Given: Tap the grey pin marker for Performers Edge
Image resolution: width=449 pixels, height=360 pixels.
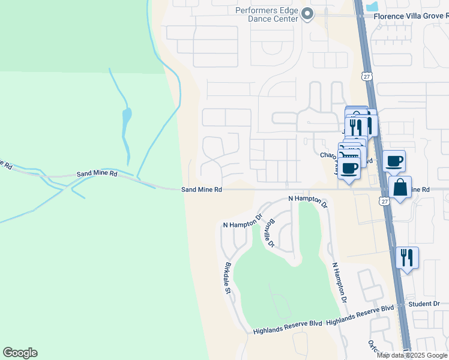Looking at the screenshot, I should [x=307, y=13].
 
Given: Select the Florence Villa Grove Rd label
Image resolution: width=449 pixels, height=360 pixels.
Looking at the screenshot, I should [x=411, y=16].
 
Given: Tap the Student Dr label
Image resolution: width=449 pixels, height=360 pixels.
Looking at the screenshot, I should [x=424, y=304].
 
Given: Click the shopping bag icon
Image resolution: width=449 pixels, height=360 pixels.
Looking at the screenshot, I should [x=400, y=188].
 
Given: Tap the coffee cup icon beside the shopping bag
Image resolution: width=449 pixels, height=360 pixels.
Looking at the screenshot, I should [x=394, y=161].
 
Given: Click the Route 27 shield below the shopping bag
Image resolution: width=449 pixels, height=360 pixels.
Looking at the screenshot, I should [x=384, y=202].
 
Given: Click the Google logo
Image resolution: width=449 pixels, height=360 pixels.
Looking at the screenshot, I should [x=20, y=353].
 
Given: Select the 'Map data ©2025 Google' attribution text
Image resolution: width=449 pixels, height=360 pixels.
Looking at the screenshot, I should [x=412, y=355].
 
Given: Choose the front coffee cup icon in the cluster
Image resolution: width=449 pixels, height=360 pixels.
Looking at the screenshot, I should [x=349, y=167].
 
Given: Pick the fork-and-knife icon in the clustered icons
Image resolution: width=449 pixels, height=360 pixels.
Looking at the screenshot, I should [x=357, y=127].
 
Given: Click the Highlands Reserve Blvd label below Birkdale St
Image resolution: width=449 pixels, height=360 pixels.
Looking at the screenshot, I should [x=288, y=329].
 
